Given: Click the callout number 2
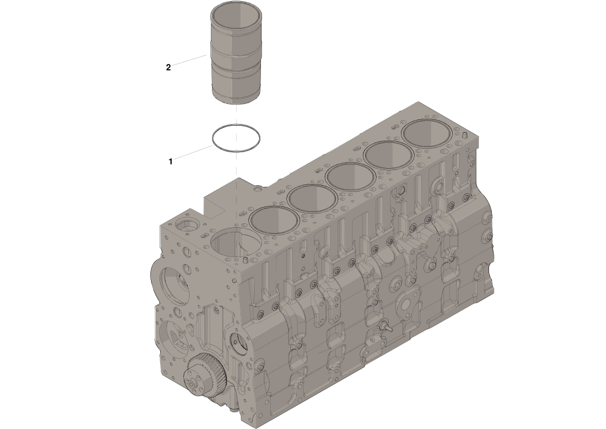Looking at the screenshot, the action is (168, 67).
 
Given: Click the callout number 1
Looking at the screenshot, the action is (171, 161).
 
